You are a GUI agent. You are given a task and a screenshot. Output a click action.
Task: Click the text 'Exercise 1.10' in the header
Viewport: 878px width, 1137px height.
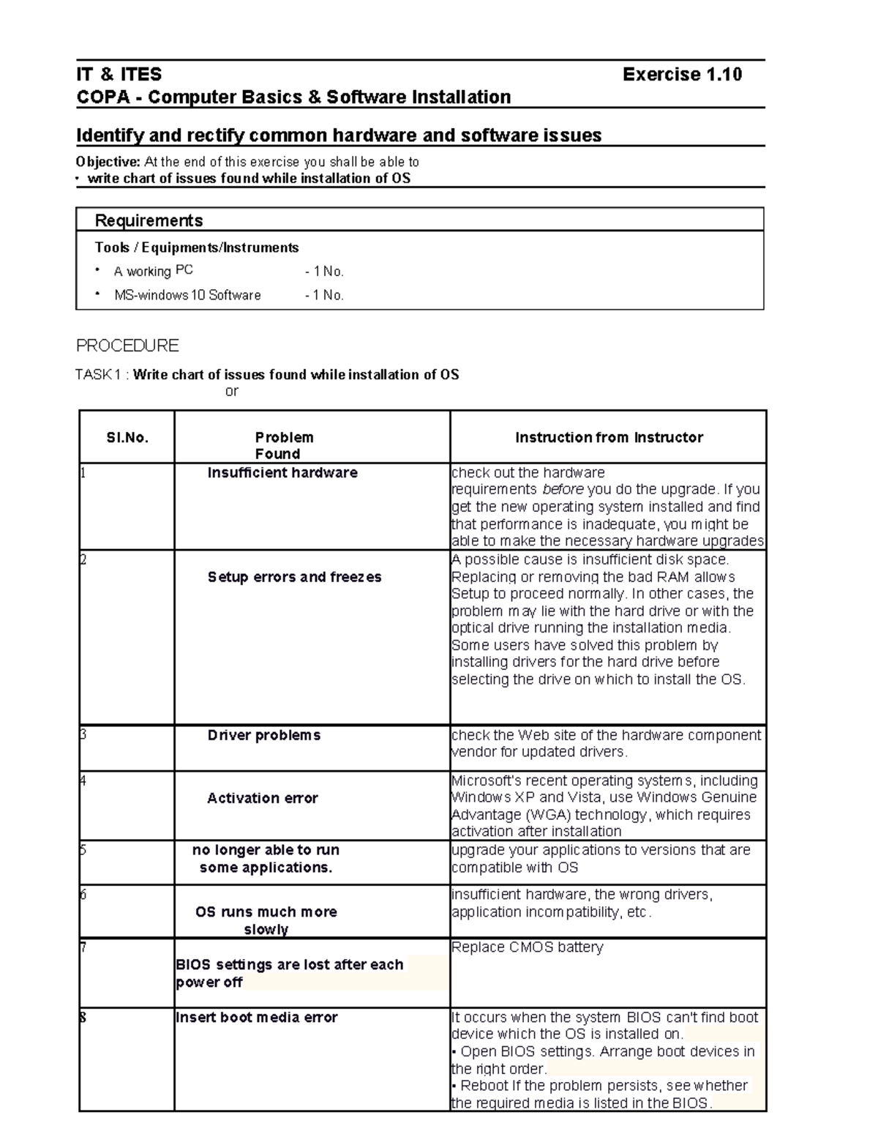pos(681,75)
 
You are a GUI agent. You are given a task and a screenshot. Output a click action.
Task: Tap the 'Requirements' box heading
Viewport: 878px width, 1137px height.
pos(149,220)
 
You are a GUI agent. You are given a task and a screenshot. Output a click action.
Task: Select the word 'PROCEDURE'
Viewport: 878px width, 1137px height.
pos(127,346)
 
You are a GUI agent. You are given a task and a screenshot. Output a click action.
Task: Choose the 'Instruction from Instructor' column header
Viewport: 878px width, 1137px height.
pos(609,438)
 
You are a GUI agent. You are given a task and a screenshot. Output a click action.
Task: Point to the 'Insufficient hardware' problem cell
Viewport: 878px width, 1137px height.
pos(282,473)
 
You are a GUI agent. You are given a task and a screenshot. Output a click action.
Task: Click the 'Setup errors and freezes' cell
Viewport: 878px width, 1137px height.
pos(294,577)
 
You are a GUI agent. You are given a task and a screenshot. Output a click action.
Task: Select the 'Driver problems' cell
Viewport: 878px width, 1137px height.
pos(263,735)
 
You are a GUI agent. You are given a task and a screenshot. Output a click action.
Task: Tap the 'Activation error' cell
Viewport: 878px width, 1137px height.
pos(262,798)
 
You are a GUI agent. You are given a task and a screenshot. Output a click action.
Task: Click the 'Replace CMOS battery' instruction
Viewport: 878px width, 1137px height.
pos(527,947)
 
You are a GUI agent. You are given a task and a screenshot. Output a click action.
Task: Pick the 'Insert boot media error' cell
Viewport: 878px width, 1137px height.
pos(256,1018)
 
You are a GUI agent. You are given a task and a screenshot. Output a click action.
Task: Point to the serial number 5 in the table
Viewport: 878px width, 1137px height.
pos(83,850)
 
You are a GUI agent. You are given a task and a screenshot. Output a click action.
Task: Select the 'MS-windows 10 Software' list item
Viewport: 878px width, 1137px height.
pos(187,296)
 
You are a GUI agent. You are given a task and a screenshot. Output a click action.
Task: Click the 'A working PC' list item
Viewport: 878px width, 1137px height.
pos(153,272)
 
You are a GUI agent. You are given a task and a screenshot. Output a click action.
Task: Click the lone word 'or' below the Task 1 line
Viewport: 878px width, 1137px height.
pos(231,392)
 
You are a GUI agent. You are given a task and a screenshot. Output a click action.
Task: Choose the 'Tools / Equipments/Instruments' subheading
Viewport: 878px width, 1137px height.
pos(196,247)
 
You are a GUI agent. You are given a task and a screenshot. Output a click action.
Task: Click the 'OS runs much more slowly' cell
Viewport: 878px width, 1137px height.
pos(266,920)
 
